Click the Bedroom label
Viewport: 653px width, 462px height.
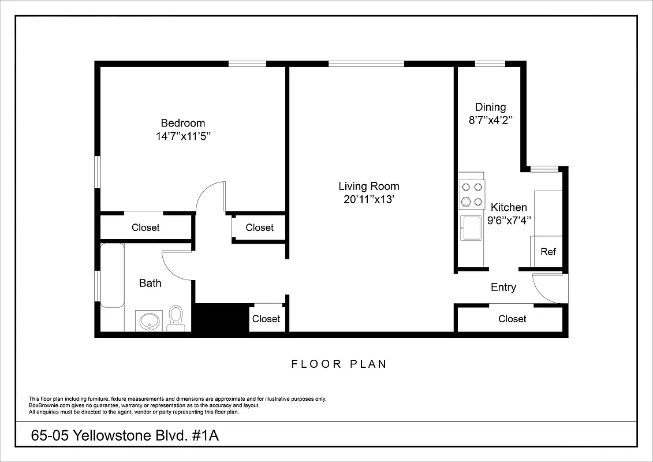[x=182, y=123]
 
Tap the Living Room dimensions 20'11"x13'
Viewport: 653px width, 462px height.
[x=368, y=200]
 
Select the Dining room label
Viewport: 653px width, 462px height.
[x=490, y=107]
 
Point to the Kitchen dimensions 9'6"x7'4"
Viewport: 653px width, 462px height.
[x=509, y=220]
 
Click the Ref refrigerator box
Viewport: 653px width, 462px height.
[x=547, y=252]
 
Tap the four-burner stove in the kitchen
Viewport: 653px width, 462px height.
[x=471, y=195]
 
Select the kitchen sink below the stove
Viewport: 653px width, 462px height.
[x=471, y=228]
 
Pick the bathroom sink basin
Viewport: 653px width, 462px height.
[x=150, y=321]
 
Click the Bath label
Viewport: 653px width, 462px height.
[x=150, y=283]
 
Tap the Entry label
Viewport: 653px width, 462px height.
[x=503, y=287]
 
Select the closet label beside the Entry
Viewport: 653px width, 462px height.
[x=512, y=319]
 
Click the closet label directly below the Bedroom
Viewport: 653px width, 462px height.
[x=145, y=228]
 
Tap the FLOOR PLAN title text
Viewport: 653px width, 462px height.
[x=339, y=364]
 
